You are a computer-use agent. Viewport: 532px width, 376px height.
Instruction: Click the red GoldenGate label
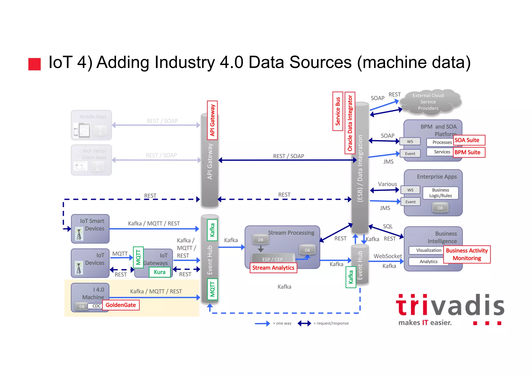click(121, 305)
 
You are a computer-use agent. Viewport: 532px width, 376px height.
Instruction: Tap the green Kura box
click(159, 272)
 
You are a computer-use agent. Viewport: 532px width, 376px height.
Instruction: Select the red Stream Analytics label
click(273, 268)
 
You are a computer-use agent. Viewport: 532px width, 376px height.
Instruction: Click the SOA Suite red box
click(469, 140)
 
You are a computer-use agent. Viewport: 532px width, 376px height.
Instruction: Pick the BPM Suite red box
click(469, 152)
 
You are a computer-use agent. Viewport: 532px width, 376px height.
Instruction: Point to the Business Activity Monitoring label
click(467, 254)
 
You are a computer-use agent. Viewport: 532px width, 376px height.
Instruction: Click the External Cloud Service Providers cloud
click(430, 102)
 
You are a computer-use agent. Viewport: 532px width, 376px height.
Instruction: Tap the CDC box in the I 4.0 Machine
click(96, 306)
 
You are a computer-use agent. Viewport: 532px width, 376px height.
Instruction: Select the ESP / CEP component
click(272, 259)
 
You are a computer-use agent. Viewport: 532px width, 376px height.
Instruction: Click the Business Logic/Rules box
click(440, 193)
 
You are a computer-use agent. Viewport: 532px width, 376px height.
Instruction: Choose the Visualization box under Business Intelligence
click(429, 250)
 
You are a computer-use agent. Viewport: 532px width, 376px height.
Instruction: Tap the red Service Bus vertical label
click(338, 111)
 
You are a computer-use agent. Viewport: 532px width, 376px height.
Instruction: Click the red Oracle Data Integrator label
click(350, 123)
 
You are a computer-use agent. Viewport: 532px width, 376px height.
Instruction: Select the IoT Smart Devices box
click(90, 229)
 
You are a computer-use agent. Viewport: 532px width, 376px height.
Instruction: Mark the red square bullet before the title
click(35, 64)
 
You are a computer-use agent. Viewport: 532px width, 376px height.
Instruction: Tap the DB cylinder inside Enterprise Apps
click(440, 208)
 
